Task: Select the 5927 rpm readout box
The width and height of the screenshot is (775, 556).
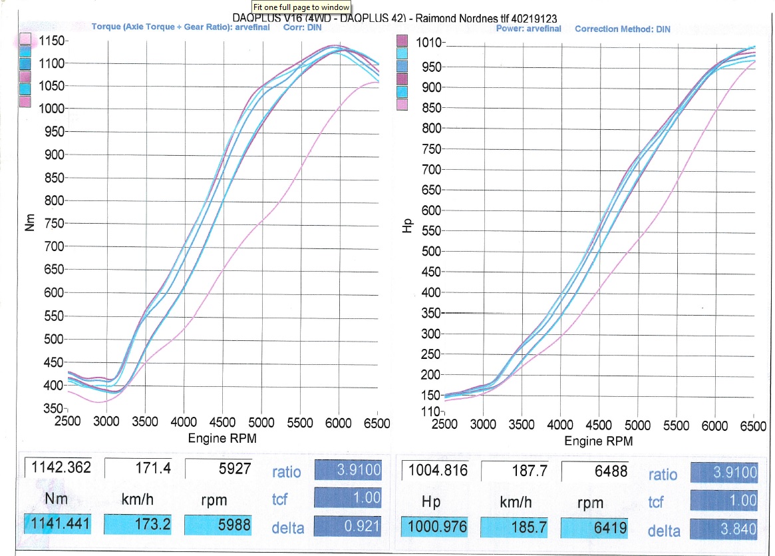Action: [x=218, y=468]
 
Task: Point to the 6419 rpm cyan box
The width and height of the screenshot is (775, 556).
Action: [x=595, y=528]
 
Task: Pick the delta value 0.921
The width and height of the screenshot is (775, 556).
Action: [x=347, y=526]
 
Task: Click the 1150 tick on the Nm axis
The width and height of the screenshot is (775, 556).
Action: [x=51, y=41]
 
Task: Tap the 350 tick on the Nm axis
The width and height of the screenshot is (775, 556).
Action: [x=53, y=408]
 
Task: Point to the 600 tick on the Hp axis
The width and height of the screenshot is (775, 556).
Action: [x=432, y=210]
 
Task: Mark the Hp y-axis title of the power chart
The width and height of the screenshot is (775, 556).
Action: [x=406, y=227]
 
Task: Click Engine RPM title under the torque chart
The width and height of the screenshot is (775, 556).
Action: [x=223, y=439]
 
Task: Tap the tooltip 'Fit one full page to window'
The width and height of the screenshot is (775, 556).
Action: [x=301, y=6]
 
